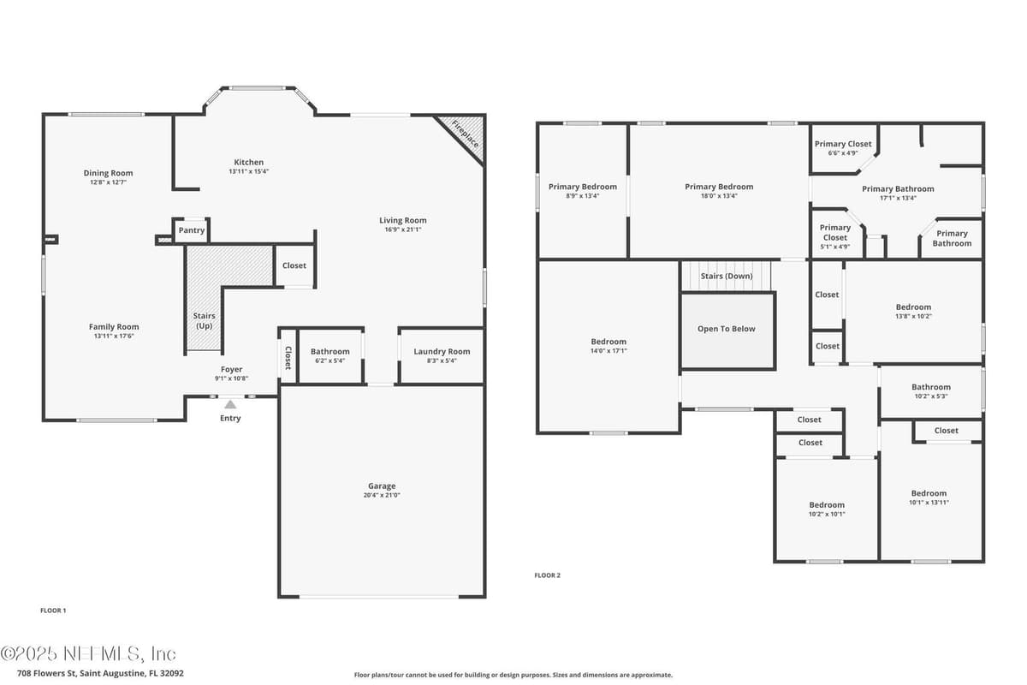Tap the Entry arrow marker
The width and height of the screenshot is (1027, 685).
tap(230, 404)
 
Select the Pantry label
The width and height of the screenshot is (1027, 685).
tap(191, 230)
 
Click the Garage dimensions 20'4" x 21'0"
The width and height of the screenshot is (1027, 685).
tap(382, 495)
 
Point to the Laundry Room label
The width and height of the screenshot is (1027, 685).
tap(442, 351)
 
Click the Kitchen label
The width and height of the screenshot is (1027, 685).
tap(248, 162)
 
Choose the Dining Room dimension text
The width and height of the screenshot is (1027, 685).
tap(108, 182)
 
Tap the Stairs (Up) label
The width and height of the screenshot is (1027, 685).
tap(204, 321)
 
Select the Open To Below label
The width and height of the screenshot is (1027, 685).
tap(727, 329)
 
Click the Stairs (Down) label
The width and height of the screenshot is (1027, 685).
tap(727, 277)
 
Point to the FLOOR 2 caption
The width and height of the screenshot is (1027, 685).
tap(547, 575)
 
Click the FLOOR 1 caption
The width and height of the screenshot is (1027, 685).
tap(53, 611)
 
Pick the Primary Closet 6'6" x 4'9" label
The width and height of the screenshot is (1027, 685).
tap(843, 148)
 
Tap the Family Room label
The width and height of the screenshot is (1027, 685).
tap(114, 327)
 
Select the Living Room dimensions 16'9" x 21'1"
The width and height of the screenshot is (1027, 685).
tap(402, 229)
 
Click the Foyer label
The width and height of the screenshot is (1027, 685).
tap(232, 369)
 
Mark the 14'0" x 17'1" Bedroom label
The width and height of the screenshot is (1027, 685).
tap(608, 346)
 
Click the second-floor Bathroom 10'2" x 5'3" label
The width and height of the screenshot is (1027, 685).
tap(931, 391)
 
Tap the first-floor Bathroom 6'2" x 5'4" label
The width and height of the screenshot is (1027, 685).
tap(329, 355)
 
